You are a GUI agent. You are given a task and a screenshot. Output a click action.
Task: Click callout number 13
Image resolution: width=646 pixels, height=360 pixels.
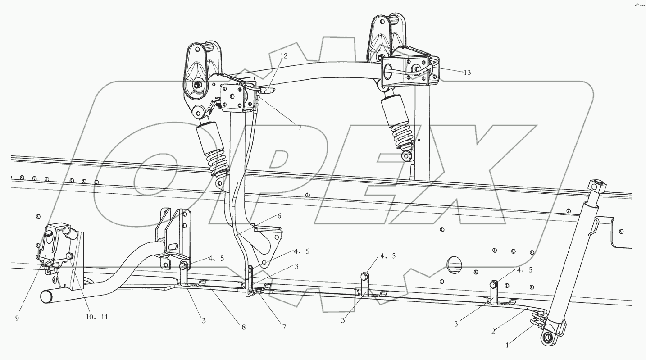pyautogui.click(x=467, y=73)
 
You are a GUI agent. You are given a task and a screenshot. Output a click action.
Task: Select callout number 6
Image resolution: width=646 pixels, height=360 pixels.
pyautogui.click(x=279, y=216)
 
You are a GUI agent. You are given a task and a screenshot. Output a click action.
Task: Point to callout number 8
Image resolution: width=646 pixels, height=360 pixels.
pyautogui.click(x=243, y=327)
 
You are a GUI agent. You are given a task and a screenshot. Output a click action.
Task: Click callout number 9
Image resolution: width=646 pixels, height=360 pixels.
pyautogui.click(x=17, y=318)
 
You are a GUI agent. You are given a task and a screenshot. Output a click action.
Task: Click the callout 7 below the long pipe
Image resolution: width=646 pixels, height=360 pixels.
pyautogui.click(x=284, y=327)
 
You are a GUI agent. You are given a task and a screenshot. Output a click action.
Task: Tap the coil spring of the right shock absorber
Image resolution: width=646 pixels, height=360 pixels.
pyautogui.click(x=402, y=135)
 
